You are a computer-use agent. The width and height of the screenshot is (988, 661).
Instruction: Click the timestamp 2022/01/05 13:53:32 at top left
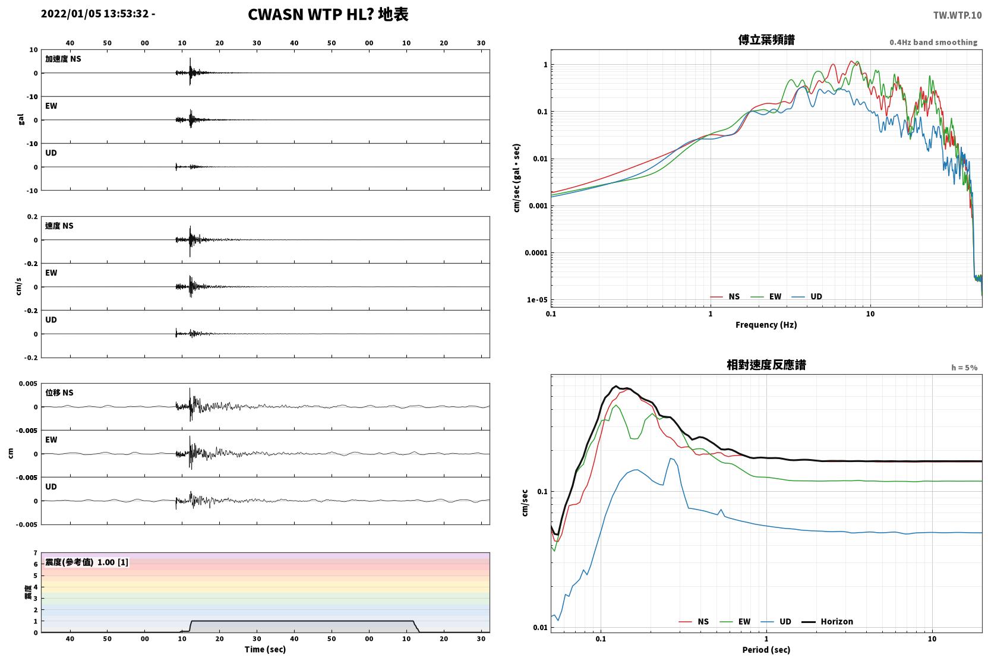[94, 14]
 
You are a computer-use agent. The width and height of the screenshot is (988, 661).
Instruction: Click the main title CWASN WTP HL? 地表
[328, 15]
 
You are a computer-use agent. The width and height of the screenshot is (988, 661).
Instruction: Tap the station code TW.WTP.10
[957, 15]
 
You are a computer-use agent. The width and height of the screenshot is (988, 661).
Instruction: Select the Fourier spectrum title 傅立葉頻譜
[766, 40]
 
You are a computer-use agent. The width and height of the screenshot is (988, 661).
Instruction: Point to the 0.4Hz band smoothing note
[933, 42]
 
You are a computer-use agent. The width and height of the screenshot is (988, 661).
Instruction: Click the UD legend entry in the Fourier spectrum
[807, 296]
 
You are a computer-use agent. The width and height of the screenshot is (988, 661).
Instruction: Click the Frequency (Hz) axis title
[766, 325]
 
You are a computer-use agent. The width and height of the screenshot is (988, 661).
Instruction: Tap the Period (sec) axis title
[766, 650]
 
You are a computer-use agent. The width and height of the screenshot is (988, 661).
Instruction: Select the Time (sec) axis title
[265, 649]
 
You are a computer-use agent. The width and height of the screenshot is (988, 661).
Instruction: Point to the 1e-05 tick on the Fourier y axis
[537, 300]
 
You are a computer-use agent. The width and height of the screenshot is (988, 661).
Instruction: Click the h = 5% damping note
[964, 368]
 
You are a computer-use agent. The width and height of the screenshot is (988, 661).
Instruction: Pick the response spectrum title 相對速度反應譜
[766, 365]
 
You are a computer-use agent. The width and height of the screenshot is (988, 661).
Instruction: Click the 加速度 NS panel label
[63, 59]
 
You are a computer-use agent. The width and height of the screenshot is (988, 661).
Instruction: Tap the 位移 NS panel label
[59, 393]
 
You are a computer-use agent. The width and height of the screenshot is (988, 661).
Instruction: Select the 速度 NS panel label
[59, 226]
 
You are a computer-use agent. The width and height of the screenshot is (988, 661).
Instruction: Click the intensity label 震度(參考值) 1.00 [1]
[87, 562]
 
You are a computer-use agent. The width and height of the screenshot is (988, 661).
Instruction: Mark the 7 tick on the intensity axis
[36, 553]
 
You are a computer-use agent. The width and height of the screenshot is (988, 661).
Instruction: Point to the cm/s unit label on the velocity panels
[18, 287]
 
